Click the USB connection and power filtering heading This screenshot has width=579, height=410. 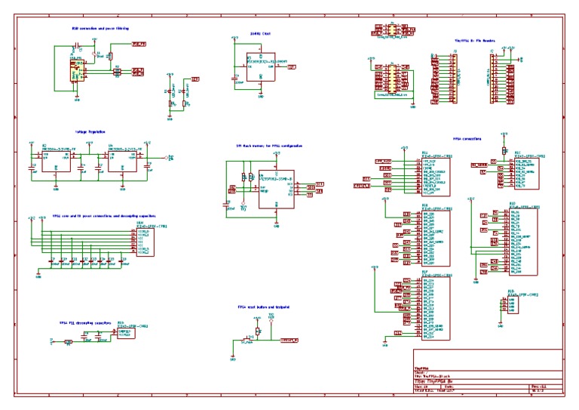tap(100, 29)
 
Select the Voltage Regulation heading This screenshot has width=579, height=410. tap(90, 131)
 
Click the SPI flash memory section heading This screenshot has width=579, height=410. tap(269, 145)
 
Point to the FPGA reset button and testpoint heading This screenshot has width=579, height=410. tap(264, 307)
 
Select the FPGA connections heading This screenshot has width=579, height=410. tap(467, 139)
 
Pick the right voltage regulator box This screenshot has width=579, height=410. tap(125, 159)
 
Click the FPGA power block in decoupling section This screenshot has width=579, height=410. tap(146, 240)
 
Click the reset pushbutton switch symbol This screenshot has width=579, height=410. tap(258, 331)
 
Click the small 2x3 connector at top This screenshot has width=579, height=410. tap(391, 29)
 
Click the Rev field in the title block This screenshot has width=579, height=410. tap(538, 385)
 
